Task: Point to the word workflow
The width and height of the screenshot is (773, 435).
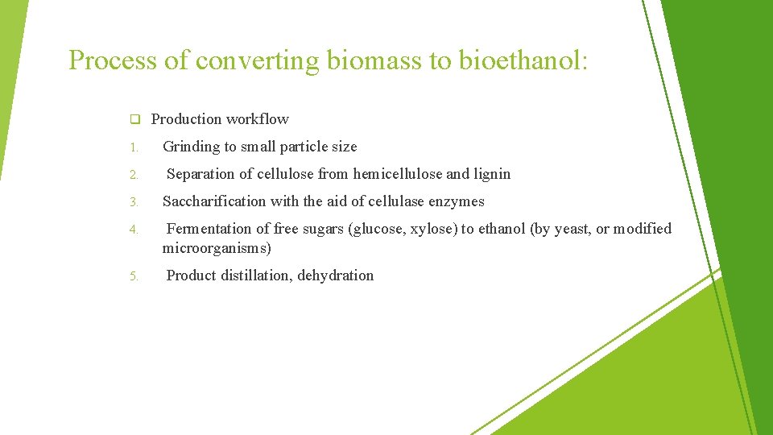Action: point(257,119)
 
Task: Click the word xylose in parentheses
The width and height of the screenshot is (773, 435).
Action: point(432,229)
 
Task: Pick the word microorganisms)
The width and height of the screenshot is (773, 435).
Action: point(217,248)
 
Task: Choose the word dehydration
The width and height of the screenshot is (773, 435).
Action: point(336,275)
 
